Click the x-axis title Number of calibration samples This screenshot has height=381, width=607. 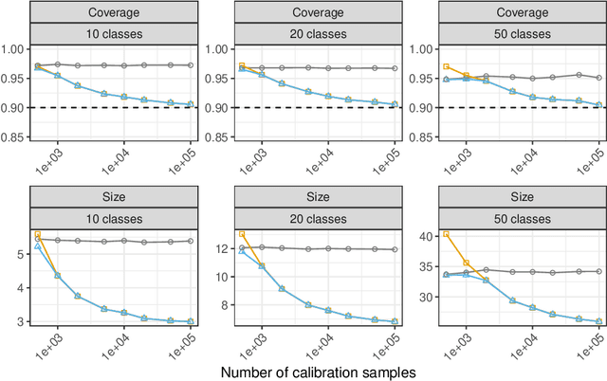tap(318, 372)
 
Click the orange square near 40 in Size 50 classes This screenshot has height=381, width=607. tap(446, 234)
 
